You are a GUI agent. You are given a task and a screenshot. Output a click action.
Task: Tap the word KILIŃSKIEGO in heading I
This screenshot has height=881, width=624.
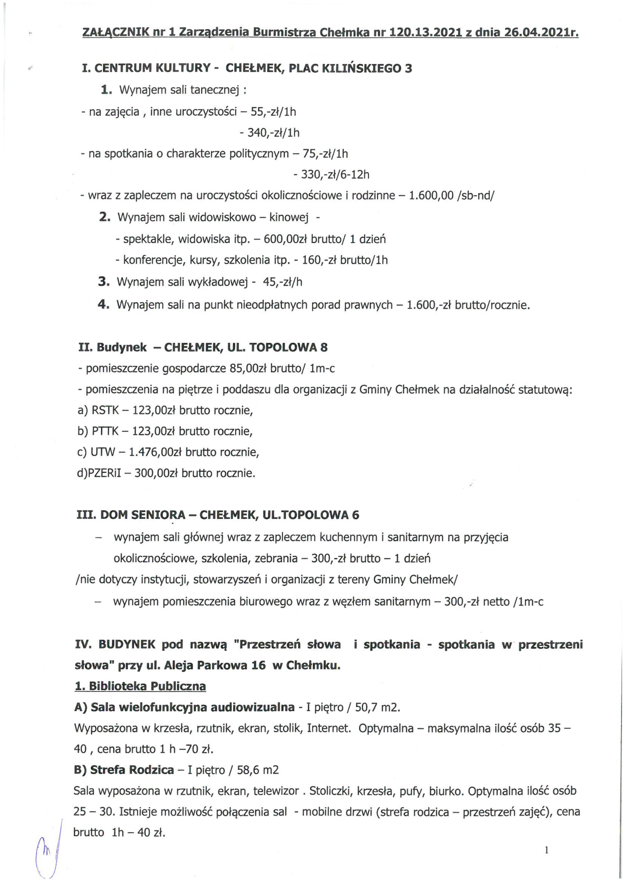click(360, 68)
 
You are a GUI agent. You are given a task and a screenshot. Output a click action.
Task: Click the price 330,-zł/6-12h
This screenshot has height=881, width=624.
click(331, 175)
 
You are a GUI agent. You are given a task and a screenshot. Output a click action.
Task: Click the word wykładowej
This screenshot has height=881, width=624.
click(219, 283)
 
